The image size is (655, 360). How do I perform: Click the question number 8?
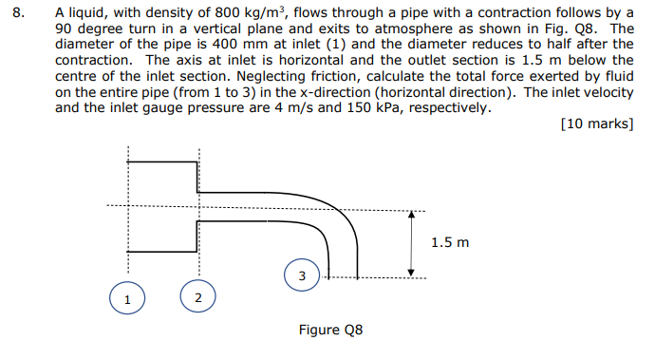click(x=23, y=14)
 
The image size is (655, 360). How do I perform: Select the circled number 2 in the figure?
click(x=197, y=298)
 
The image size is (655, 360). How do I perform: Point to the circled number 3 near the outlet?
click(x=301, y=276)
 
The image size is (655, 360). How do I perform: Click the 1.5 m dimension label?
click(x=449, y=242)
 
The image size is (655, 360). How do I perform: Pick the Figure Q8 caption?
click(x=330, y=331)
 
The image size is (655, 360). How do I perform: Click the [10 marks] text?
click(x=597, y=124)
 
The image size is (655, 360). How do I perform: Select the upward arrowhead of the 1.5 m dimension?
click(x=411, y=214)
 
